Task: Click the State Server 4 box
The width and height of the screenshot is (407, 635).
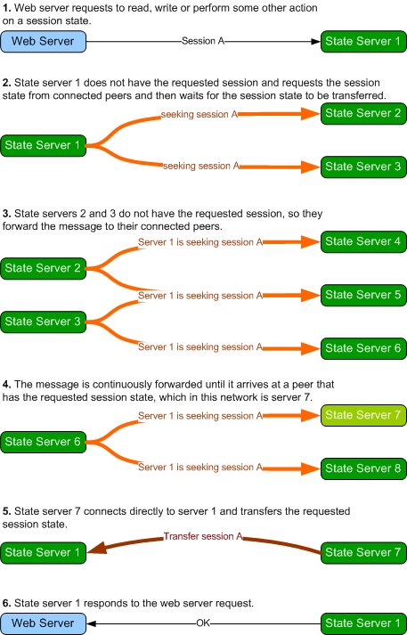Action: (x=363, y=241)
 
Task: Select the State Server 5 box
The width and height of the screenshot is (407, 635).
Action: (x=363, y=295)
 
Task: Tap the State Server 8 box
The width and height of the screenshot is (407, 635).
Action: (x=363, y=468)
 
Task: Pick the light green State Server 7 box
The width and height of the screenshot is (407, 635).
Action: (x=363, y=415)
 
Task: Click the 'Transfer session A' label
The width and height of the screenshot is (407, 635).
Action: (x=203, y=536)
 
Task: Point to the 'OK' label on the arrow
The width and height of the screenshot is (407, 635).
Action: (x=203, y=623)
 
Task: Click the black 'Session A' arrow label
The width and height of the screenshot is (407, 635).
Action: (x=203, y=41)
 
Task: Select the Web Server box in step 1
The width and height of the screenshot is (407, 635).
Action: (x=44, y=41)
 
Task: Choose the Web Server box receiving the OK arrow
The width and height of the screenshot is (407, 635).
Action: (x=44, y=623)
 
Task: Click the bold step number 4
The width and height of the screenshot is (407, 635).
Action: (x=6, y=385)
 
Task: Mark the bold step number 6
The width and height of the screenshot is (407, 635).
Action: (x=6, y=603)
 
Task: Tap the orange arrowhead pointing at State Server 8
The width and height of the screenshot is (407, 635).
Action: (x=311, y=469)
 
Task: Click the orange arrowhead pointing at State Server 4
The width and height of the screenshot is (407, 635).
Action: (x=311, y=242)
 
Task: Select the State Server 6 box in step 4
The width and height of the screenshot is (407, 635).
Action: (x=44, y=442)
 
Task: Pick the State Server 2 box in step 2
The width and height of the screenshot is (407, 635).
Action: (x=363, y=113)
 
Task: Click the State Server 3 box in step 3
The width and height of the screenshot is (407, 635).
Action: (x=44, y=322)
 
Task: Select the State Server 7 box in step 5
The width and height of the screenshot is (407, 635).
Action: (x=363, y=553)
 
